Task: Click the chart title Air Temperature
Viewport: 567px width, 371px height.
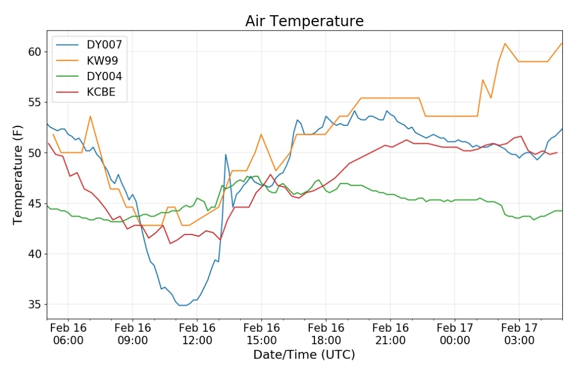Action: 304,21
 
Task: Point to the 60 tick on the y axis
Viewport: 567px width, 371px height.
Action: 35,52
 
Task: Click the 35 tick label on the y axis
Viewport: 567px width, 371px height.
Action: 35,304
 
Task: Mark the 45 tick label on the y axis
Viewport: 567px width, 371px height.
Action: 35,204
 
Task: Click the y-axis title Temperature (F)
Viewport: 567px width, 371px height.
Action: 17,175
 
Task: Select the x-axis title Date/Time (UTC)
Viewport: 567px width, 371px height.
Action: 304,355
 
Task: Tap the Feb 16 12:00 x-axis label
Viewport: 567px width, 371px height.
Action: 197,334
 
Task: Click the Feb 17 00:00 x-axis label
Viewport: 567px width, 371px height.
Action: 455,334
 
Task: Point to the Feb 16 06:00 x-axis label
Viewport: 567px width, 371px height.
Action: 68,334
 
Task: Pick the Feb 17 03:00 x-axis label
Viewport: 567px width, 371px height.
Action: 519,334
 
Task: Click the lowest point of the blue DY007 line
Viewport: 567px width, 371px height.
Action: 183,305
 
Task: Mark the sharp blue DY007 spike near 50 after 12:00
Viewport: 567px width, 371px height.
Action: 226,155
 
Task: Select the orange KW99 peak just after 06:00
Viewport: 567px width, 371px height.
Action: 90,116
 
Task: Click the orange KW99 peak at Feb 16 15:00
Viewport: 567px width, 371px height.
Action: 261,134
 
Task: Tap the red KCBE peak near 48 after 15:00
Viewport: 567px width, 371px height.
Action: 270,175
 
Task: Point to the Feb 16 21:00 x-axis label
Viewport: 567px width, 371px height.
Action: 391,334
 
